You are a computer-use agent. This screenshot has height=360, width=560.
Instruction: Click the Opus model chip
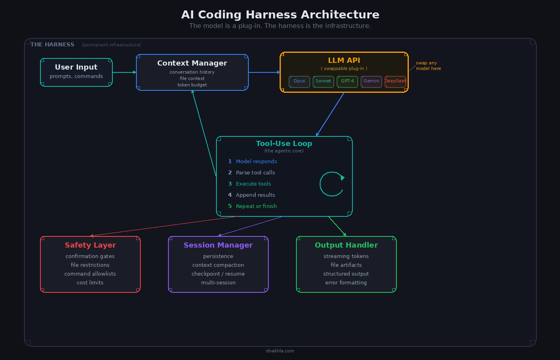[299, 81]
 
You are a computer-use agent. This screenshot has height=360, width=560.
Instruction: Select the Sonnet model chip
[323, 81]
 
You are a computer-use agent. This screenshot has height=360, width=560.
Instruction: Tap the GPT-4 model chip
[347, 81]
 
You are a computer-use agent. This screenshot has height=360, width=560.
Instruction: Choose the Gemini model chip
[371, 81]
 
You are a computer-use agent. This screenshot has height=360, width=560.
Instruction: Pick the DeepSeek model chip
[395, 81]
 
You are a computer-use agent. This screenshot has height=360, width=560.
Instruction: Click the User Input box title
[76, 67]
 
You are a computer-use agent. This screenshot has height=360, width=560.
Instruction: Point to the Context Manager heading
[192, 63]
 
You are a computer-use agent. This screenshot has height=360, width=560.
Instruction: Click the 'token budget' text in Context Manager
[192, 85]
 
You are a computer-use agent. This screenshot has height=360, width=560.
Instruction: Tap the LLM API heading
[344, 60]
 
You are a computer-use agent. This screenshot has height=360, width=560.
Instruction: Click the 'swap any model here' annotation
[428, 66]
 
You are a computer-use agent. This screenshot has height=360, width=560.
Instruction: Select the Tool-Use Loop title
[284, 144]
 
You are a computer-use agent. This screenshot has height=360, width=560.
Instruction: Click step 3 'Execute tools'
[253, 184]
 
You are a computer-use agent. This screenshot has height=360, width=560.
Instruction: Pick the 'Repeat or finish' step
[256, 206]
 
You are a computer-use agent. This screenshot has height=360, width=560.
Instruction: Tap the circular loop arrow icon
[332, 184]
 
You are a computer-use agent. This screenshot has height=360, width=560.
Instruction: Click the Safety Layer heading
[90, 245]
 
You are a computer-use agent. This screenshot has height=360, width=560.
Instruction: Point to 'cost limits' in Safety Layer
[90, 283]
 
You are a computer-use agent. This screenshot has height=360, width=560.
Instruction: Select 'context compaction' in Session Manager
[218, 265]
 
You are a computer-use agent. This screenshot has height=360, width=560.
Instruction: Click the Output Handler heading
[346, 245]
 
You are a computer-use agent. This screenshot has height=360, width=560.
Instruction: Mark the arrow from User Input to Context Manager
[124, 72]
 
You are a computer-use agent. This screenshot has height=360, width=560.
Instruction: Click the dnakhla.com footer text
[280, 351]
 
